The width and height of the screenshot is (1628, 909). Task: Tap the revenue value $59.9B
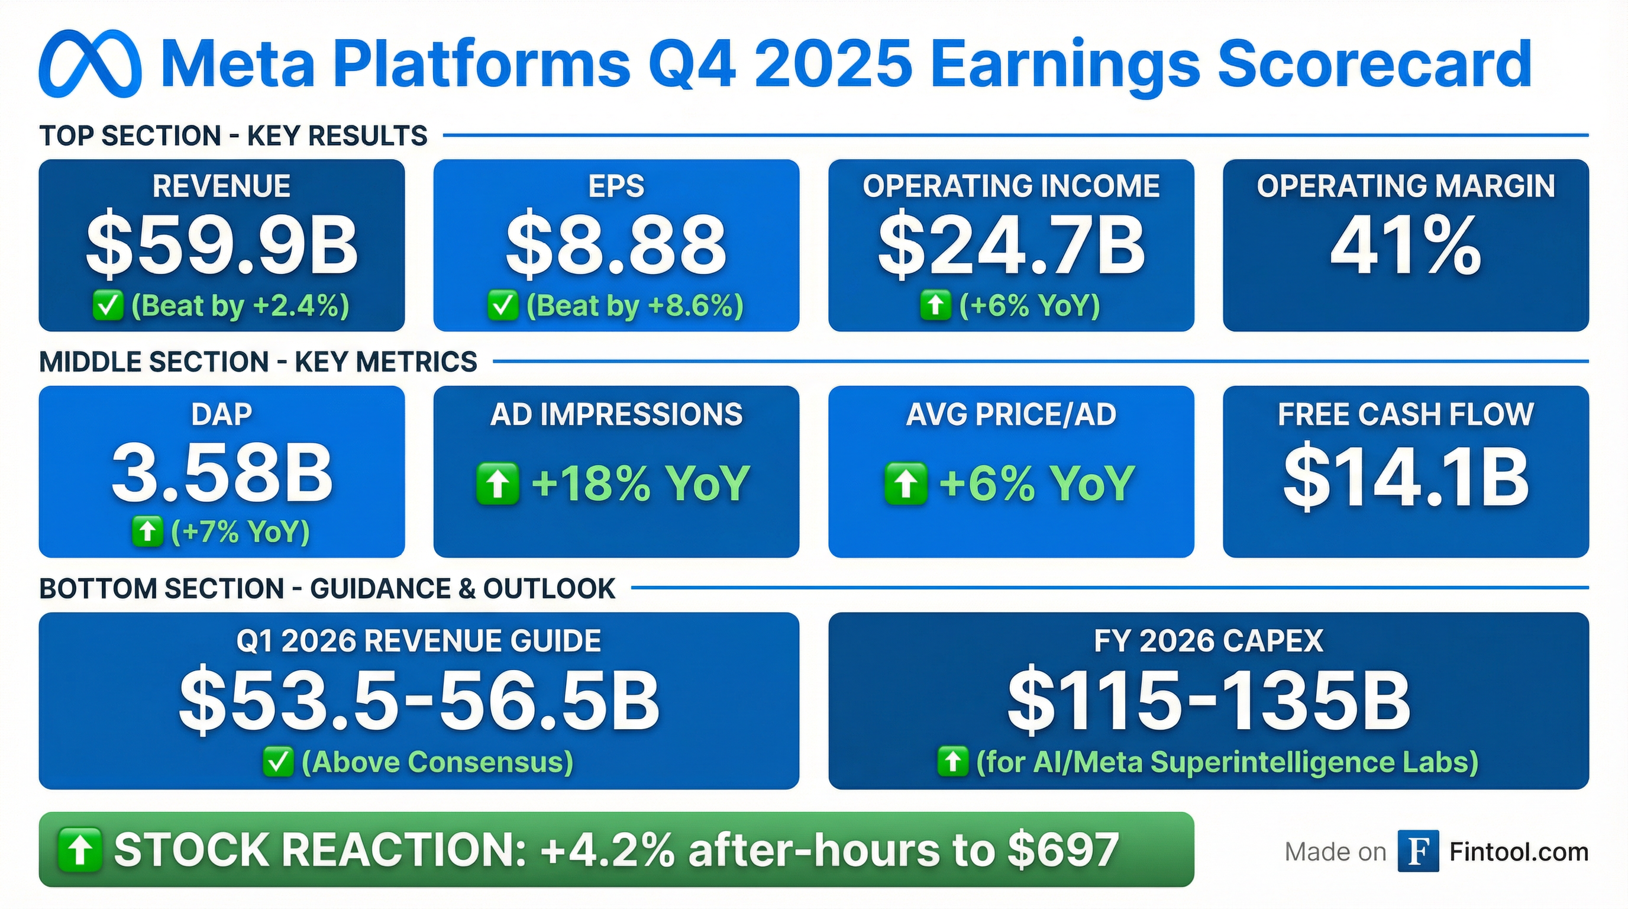point(222,244)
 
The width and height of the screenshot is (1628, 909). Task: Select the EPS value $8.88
point(616,244)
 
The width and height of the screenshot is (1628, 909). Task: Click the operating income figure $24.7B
point(1011,244)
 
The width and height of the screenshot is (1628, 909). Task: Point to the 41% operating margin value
point(1406,244)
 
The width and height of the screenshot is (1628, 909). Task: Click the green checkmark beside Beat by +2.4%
point(108,306)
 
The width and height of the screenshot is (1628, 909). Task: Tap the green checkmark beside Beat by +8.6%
point(503,306)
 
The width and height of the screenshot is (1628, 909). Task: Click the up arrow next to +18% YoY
point(498,483)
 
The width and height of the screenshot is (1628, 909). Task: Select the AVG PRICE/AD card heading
point(1011,415)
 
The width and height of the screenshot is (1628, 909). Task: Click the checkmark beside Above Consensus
point(278,762)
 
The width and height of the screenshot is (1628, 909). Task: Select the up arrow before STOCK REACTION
point(80,850)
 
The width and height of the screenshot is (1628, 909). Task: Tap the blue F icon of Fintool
point(1418,852)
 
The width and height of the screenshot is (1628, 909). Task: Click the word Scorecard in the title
point(1375,65)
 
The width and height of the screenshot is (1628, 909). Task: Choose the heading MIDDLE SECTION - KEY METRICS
point(258,362)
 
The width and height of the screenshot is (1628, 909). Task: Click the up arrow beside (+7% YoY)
point(147,532)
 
